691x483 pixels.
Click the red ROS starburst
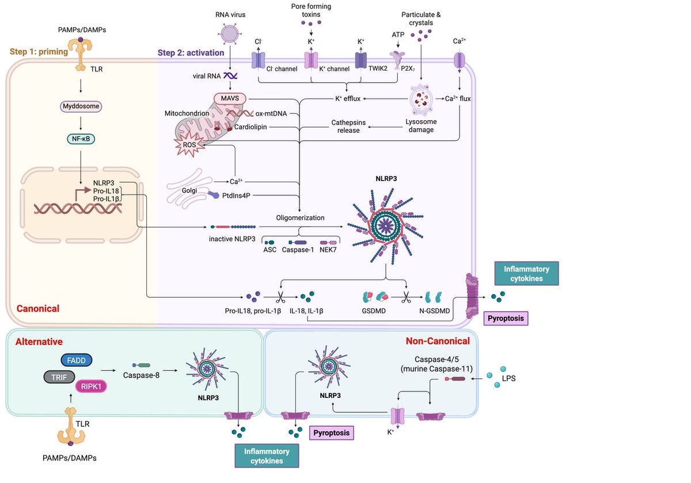189,145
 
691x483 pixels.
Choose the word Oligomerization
299,218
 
